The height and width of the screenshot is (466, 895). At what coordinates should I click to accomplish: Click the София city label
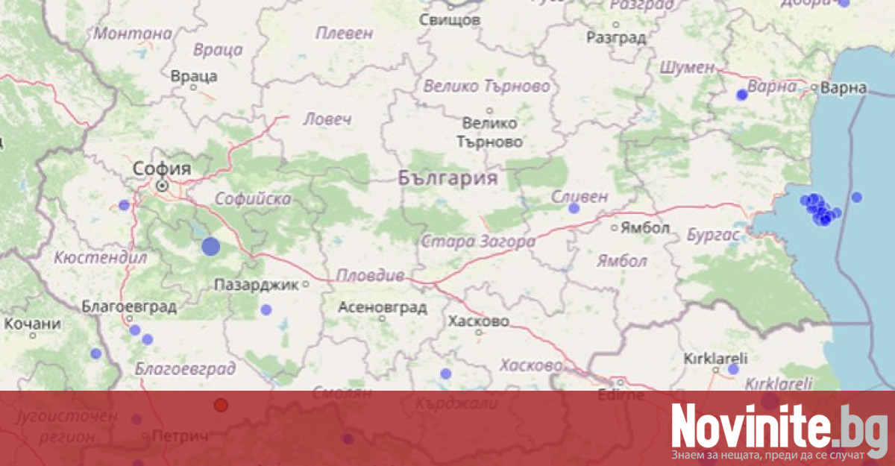(162, 169)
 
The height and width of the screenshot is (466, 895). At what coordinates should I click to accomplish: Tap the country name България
(447, 177)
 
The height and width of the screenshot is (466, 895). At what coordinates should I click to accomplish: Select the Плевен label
(344, 33)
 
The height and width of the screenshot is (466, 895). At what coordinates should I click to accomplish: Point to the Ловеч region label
(327, 119)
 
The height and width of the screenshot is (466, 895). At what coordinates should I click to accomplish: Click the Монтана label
(132, 33)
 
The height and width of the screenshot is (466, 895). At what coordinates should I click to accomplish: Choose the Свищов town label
(450, 20)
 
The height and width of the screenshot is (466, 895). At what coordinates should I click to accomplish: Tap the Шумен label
(687, 67)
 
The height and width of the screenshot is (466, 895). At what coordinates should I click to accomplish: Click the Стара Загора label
(478, 242)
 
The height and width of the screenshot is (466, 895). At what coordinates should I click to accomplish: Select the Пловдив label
(370, 276)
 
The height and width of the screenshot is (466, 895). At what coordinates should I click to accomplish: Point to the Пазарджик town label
(257, 284)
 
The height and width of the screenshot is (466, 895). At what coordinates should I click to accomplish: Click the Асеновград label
(383, 306)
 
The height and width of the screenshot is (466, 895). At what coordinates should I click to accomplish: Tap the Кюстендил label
(100, 258)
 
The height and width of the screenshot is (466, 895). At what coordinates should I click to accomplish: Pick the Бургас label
(713, 236)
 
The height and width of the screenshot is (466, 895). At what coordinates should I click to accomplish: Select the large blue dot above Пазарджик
(211, 247)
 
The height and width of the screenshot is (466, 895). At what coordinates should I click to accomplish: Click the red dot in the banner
(221, 405)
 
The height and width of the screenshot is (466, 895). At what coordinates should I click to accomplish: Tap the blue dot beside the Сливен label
(574, 209)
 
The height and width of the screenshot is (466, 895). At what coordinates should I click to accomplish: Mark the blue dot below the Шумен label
(741, 95)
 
